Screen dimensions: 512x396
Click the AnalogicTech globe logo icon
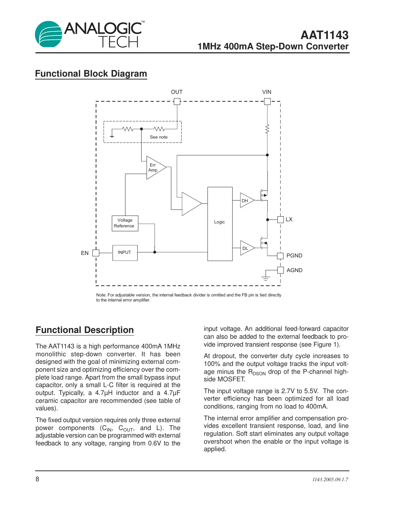49,34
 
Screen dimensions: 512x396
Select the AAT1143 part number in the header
324,35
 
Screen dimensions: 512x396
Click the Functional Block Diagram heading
91,74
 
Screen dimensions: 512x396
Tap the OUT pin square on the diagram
177,101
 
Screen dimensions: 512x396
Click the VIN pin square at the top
267,101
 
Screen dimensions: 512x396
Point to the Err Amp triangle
154,168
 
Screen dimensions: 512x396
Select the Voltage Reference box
125,223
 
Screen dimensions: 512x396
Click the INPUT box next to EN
125,253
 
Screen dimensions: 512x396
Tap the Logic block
220,224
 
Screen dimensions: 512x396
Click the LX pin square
281,219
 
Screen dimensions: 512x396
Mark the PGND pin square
281,256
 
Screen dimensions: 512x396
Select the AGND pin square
281,270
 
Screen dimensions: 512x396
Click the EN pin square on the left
96,253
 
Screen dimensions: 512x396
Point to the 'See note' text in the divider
158,137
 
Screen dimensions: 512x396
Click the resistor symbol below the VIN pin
267,129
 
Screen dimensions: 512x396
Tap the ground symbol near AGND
266,278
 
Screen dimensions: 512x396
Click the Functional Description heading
85,330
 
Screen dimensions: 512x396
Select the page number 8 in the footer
37,479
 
